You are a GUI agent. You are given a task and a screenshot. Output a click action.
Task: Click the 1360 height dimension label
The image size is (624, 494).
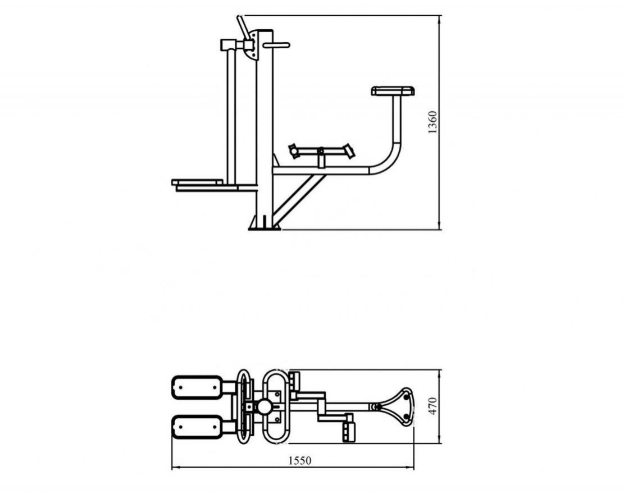click(432, 122)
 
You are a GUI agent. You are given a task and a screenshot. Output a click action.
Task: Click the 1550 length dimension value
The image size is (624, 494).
click(300, 460)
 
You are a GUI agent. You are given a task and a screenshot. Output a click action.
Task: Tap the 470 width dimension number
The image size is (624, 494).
click(432, 406)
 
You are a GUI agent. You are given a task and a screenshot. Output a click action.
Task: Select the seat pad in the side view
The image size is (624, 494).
click(393, 91)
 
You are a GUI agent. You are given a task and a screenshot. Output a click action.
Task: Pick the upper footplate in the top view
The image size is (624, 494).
click(197, 387)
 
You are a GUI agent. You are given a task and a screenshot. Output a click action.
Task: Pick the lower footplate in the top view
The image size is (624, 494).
click(197, 427)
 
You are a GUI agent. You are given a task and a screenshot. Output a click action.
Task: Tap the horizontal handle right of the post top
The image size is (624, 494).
click(276, 45)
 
